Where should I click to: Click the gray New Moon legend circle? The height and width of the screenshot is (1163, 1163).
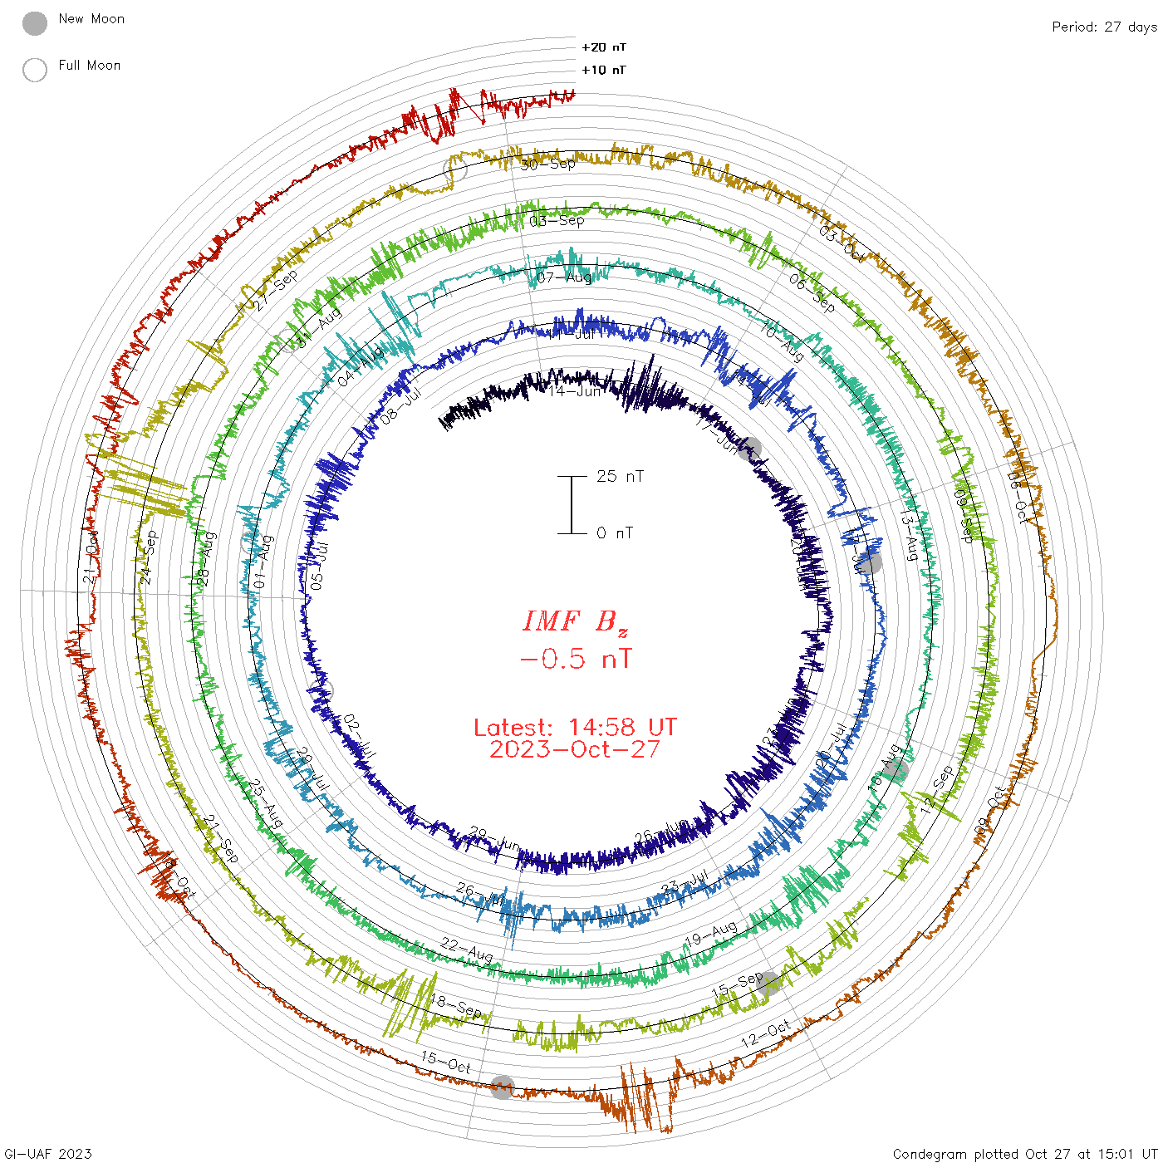pyautogui.click(x=35, y=23)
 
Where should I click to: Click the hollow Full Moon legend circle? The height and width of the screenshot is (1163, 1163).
pyautogui.click(x=35, y=70)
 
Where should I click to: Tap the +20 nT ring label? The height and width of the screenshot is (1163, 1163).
pyautogui.click(x=604, y=47)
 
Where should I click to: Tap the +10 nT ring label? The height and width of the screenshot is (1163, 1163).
pyautogui.click(x=604, y=70)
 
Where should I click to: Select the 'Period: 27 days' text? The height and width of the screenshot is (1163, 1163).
pyautogui.click(x=1104, y=27)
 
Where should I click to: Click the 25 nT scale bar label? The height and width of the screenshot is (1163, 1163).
pyautogui.click(x=620, y=476)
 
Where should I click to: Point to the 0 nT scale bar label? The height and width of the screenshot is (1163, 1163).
pyautogui.click(x=615, y=532)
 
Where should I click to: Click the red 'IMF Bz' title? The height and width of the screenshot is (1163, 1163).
pyautogui.click(x=575, y=621)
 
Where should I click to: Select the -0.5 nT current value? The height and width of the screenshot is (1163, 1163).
pyautogui.click(x=575, y=660)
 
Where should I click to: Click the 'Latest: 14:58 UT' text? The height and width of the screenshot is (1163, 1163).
pyautogui.click(x=575, y=728)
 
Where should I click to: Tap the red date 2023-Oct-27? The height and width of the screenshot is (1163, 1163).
pyautogui.click(x=575, y=749)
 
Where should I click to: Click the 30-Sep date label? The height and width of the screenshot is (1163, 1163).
pyautogui.click(x=548, y=164)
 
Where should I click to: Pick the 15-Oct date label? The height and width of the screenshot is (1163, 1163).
pyautogui.click(x=446, y=1062)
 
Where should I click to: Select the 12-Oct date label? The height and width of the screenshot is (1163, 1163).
pyautogui.click(x=765, y=1034)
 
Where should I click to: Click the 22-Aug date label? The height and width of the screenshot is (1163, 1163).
pyautogui.click(x=466, y=950)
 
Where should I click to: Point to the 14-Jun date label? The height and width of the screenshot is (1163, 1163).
pyautogui.click(x=574, y=390)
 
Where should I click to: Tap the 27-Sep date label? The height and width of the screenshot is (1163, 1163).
pyautogui.click(x=276, y=291)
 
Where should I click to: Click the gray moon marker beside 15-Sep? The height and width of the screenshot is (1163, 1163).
pyautogui.click(x=768, y=984)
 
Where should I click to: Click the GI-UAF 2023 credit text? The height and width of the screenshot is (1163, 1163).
pyautogui.click(x=47, y=1154)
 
